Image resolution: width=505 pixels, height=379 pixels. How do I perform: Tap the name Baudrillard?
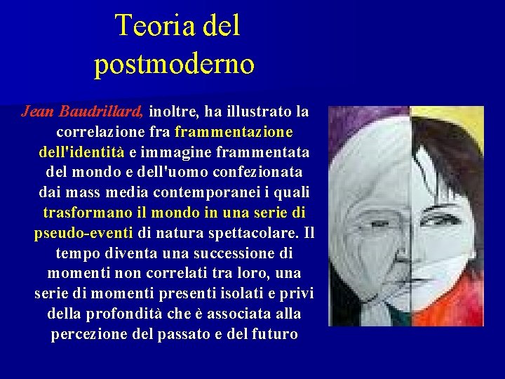[102, 112]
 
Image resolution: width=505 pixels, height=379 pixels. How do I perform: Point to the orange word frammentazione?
[234, 132]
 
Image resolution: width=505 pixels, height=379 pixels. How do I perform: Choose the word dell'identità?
[81, 152]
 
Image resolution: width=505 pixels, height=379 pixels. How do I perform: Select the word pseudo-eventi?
[83, 233]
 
